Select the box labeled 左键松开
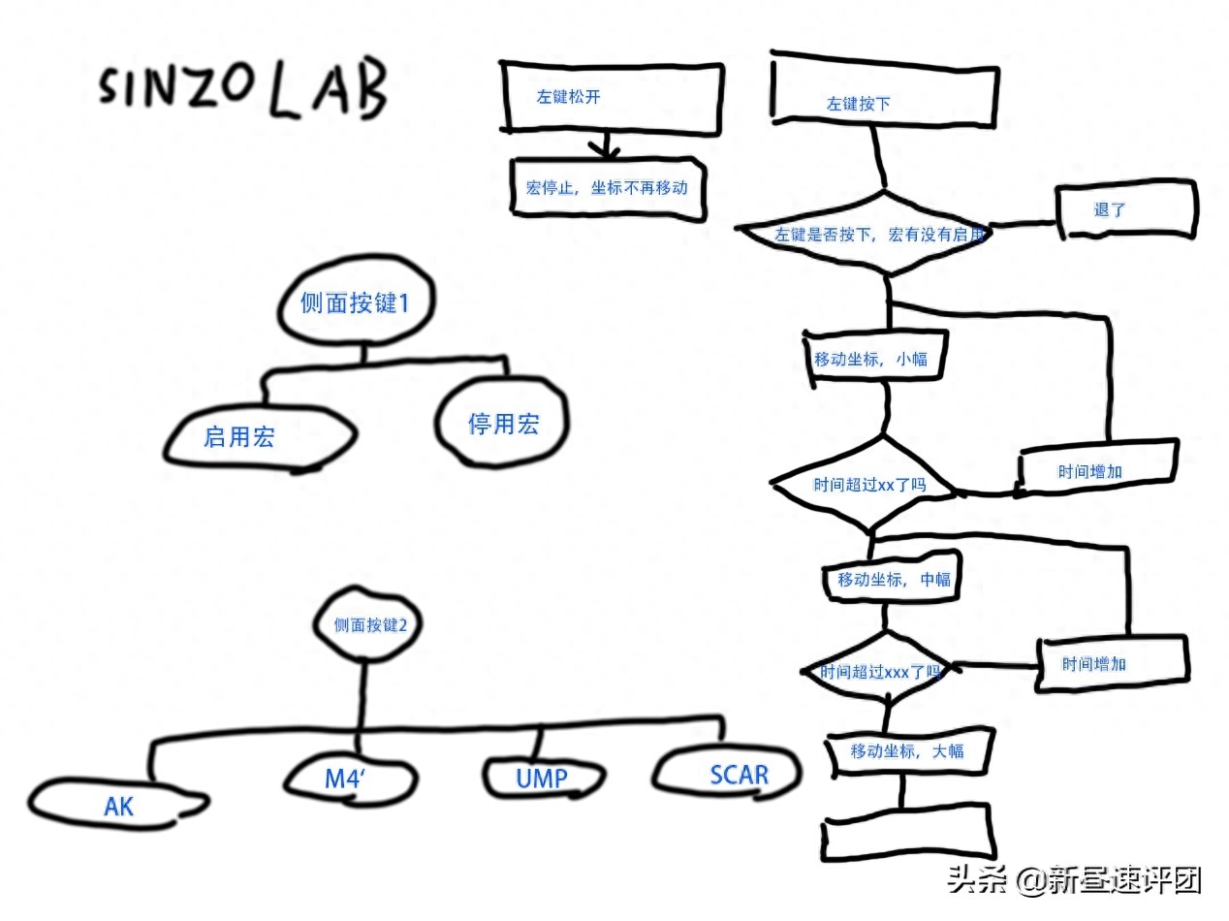[x=611, y=96]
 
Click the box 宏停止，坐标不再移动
[x=607, y=187]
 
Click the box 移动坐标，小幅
[x=870, y=358]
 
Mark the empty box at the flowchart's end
[x=906, y=834]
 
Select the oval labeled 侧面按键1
[x=355, y=303]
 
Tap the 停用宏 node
[x=502, y=424]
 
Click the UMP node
[x=541, y=778]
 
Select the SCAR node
[x=729, y=774]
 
